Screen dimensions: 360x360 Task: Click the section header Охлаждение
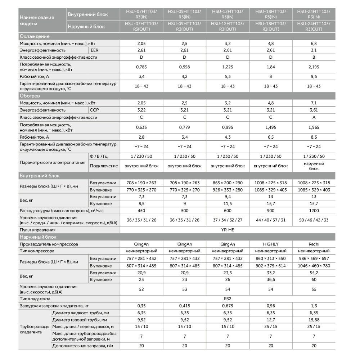[x=35, y=36]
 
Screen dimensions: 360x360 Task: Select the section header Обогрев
[x=30, y=96]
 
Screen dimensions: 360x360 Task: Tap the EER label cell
[x=94, y=50]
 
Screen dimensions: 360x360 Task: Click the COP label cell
[x=94, y=110]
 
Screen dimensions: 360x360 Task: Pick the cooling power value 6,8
[x=314, y=43]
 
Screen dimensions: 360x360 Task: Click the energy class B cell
[x=314, y=57]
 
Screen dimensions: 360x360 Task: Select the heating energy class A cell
[x=314, y=117]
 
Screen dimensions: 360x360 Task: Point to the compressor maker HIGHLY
[x=271, y=244]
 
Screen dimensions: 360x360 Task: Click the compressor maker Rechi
[x=314, y=244]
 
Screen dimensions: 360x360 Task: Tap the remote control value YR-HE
[x=228, y=229]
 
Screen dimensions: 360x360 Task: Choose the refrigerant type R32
[x=228, y=299]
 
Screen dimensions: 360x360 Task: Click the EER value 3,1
[x=314, y=50]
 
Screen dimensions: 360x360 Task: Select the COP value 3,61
[x=314, y=110]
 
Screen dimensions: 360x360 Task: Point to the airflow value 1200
[x=314, y=211]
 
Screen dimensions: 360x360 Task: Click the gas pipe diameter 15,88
[x=314, y=320]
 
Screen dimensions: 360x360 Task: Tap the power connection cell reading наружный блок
[x=314, y=166]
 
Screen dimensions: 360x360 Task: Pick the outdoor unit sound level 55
[x=314, y=289]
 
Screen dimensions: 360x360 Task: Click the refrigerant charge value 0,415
[x=184, y=306]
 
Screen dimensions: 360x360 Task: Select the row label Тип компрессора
[x=37, y=251]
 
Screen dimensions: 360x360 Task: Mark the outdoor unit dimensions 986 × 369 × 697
[x=314, y=258]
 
